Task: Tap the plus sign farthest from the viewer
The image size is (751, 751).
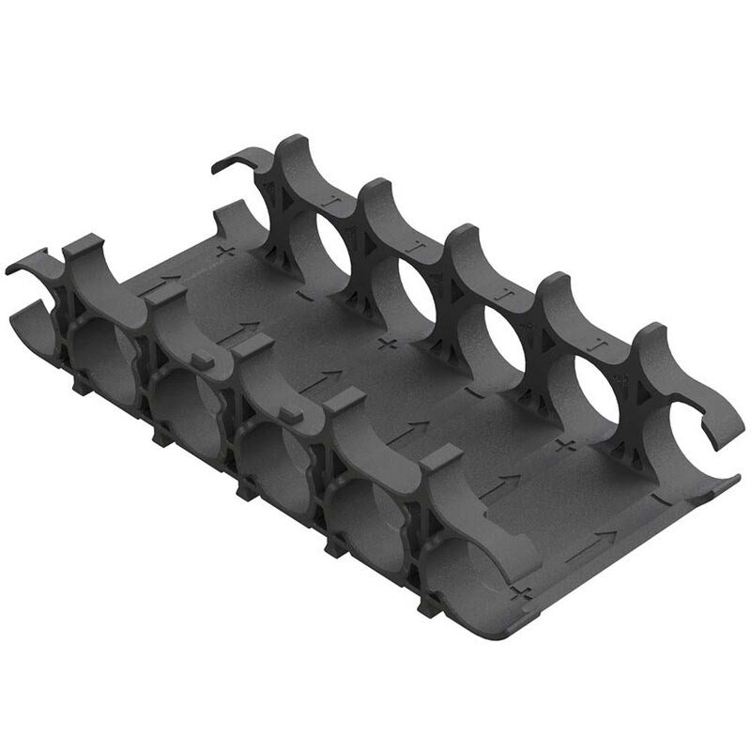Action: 223,252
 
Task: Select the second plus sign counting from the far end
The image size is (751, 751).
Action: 383,343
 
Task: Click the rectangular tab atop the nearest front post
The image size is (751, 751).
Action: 441,457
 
